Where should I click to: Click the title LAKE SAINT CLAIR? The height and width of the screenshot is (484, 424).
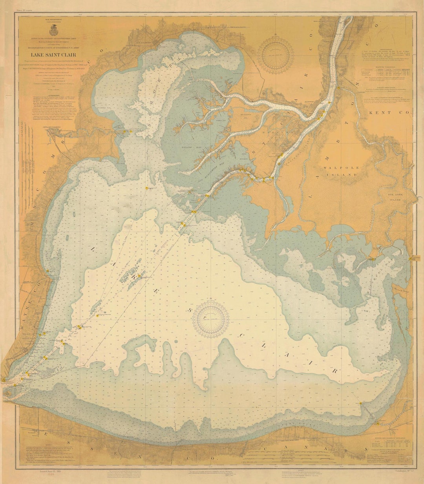57,55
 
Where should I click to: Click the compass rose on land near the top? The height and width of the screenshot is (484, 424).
276,54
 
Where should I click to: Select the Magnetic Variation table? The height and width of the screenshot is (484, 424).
386,72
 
